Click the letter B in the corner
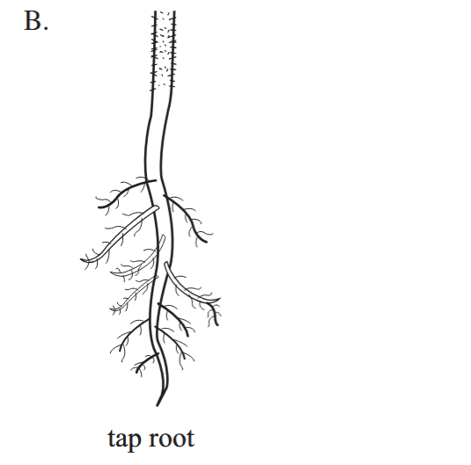pyautogui.click(x=33, y=20)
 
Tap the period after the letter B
pyautogui.click(x=46, y=28)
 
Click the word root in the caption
pyautogui.click(x=172, y=439)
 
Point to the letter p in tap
pyautogui.click(x=136, y=442)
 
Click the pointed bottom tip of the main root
pyautogui.click(x=157, y=405)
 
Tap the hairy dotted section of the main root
pyautogui.click(x=163, y=49)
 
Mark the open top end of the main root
pyautogui.click(x=165, y=11)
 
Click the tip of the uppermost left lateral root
pyautogui.click(x=99, y=207)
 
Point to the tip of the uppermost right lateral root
pyautogui.click(x=206, y=241)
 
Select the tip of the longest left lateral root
pyautogui.click(x=81, y=260)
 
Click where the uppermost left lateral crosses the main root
pyautogui.click(x=150, y=181)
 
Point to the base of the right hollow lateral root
pyautogui.click(x=166, y=264)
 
